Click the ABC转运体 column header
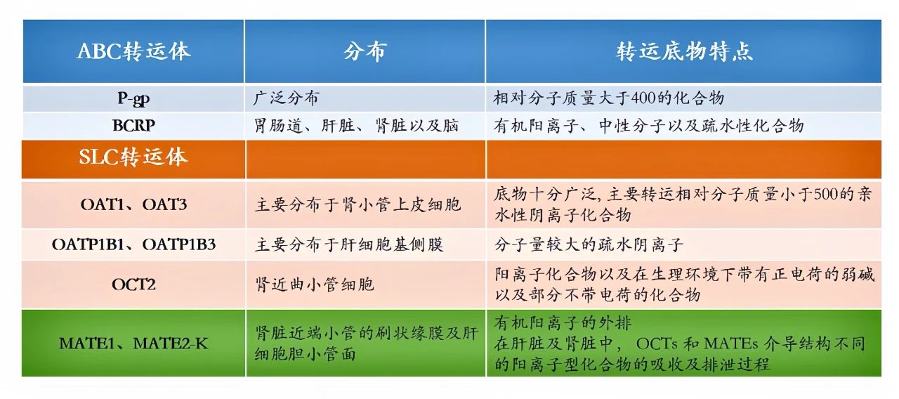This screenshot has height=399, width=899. coord(133,52)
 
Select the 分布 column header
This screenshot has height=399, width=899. coord(365,52)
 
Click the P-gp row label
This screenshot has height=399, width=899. coord(133,98)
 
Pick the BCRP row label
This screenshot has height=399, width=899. coord(133,126)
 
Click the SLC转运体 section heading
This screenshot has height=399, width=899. coord(133,157)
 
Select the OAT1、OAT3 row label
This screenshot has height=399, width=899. coord(133,204)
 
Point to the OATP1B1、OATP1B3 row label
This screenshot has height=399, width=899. coord(133,244)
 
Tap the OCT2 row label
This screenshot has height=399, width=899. coord(133,284)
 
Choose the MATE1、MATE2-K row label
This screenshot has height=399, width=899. coord(133,344)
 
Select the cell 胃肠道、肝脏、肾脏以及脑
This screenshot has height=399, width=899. coord(356,126)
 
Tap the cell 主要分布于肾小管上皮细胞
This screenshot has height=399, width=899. coord(357,204)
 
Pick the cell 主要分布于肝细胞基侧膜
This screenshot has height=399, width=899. coord(349,244)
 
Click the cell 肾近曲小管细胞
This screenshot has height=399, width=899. coord(314,284)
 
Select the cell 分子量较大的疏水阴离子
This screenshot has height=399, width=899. coord(589,244)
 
